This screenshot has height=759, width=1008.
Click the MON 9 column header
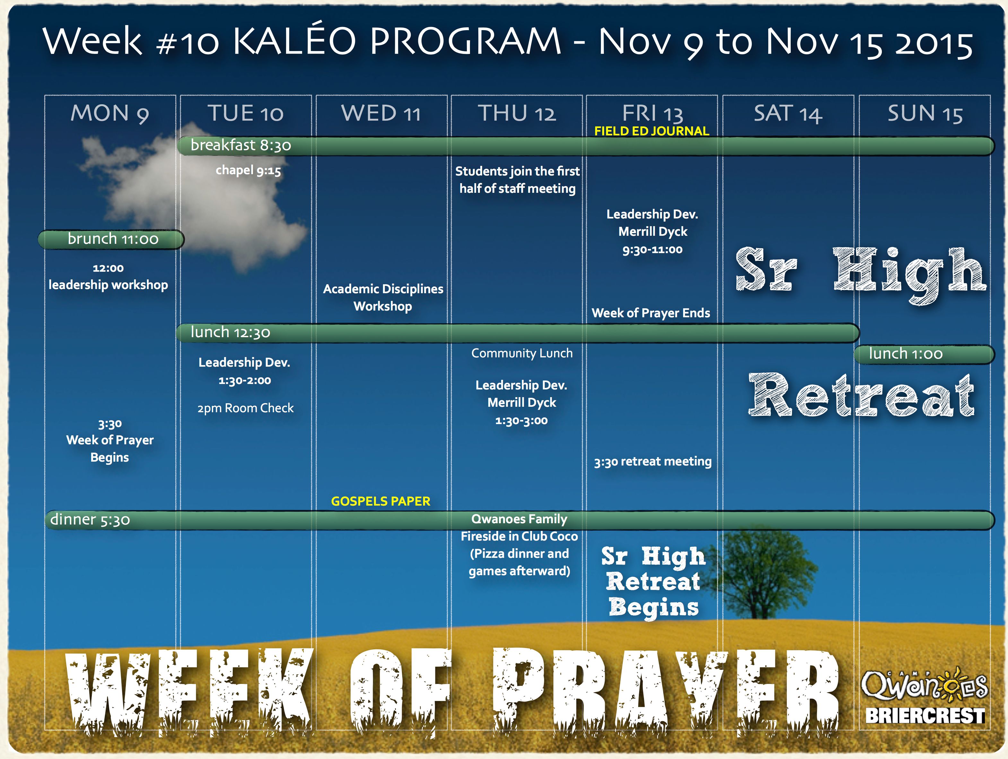pyautogui.click(x=110, y=113)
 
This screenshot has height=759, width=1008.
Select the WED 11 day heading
pyautogui.click(x=381, y=113)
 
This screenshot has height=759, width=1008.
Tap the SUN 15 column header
pyautogui.click(x=925, y=113)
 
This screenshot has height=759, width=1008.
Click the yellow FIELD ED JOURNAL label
pyautogui.click(x=652, y=131)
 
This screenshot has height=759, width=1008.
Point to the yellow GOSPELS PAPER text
pyautogui.click(x=380, y=501)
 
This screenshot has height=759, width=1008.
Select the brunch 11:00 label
pyautogui.click(x=113, y=239)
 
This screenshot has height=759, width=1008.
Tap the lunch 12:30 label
pyautogui.click(x=230, y=332)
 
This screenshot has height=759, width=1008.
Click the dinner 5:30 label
pyautogui.click(x=90, y=519)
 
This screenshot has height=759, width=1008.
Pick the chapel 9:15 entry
pyautogui.click(x=248, y=171)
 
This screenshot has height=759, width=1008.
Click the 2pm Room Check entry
pyautogui.click(x=246, y=408)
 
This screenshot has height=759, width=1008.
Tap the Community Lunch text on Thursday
pyautogui.click(x=522, y=353)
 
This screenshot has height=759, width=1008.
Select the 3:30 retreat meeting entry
pyautogui.click(x=653, y=462)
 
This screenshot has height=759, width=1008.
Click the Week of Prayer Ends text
pyautogui.click(x=651, y=313)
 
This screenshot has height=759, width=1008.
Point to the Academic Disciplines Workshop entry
pyautogui.click(x=383, y=297)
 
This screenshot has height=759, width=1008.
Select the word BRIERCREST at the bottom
pyautogui.click(x=925, y=716)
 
